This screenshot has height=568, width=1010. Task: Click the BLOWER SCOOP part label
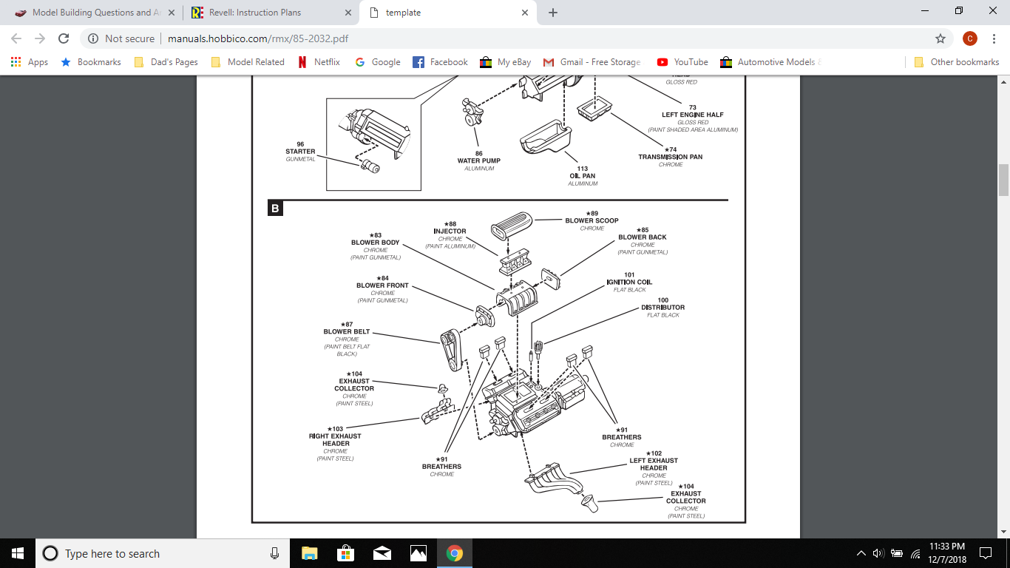tap(592, 220)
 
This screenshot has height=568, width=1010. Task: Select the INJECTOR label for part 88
tap(450, 231)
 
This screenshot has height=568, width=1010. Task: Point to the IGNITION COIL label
tap(629, 282)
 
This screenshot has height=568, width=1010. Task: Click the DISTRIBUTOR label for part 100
tap(662, 307)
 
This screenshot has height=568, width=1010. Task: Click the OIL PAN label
tap(583, 176)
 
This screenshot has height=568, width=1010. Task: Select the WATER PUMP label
tap(478, 160)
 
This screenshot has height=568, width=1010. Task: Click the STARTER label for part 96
tap(300, 152)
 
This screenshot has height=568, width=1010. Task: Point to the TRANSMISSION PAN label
tap(671, 157)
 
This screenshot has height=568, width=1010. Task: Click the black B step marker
tap(274, 209)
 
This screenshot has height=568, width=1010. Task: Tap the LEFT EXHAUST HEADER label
tap(654, 464)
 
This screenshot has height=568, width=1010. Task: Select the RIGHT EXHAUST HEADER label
tap(335, 440)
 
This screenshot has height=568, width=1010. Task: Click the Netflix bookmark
tap(319, 62)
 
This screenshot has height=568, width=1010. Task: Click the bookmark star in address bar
tap(940, 38)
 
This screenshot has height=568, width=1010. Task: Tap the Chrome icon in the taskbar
tap(454, 553)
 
